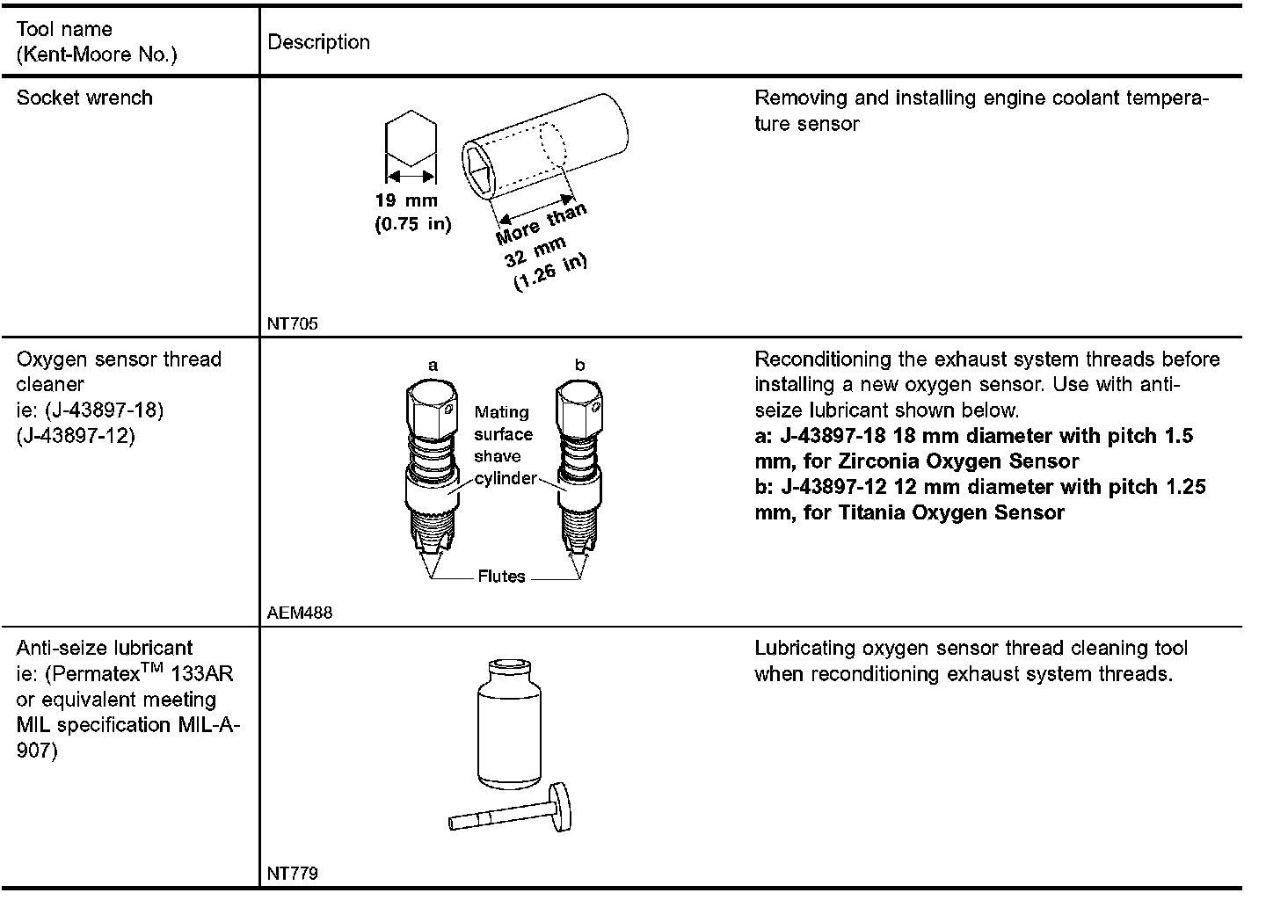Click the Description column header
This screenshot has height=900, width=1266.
[x=318, y=42]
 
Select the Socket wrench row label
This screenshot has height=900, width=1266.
[x=84, y=98]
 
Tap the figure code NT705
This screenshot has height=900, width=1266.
[x=293, y=323]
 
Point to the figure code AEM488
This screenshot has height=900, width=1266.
[x=300, y=613]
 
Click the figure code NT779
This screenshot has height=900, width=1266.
[x=293, y=874]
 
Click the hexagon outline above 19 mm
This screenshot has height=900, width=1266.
[x=411, y=139]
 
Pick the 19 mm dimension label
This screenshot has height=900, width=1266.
[x=407, y=200]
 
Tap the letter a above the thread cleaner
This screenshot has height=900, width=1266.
[x=433, y=365]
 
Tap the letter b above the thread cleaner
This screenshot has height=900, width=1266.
[x=579, y=365]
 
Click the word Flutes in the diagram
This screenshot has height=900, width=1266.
[x=501, y=577]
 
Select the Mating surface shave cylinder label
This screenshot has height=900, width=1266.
[x=504, y=445]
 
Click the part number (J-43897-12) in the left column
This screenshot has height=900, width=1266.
[x=76, y=436]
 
